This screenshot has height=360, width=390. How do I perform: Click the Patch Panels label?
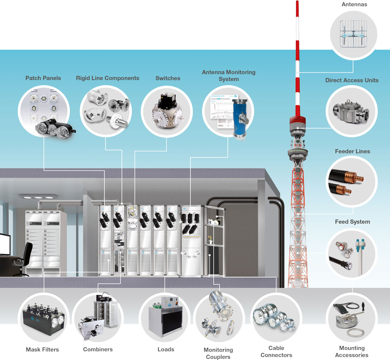pos(43,78)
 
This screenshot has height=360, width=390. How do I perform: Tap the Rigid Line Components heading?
pos(107,78)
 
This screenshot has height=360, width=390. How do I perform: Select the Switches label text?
pos(168,78)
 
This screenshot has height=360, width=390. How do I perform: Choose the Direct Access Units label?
pos(352,80)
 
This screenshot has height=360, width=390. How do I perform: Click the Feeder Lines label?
pos(352,151)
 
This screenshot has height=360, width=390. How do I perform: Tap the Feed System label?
pos(352,221)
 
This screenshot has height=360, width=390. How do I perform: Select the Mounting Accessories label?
pos(352,351)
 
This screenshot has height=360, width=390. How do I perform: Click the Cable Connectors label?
pos(276,351)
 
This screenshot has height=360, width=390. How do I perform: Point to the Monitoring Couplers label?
pos(218,353)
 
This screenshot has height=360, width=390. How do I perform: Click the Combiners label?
pos(98,349)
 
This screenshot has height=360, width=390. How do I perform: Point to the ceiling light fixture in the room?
pos(38,197)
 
